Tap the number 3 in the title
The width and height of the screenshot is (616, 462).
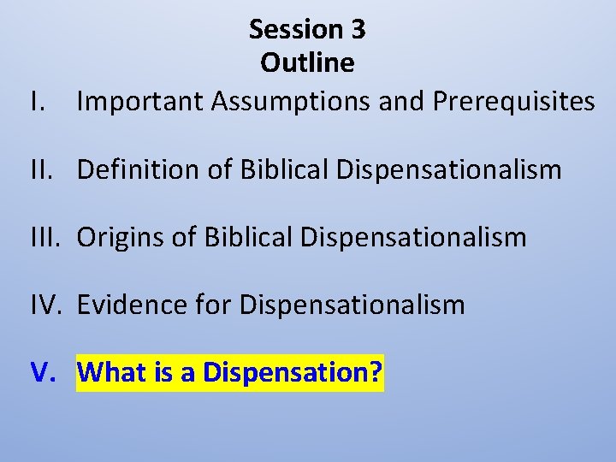[x=358, y=30]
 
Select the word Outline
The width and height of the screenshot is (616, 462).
[x=307, y=63]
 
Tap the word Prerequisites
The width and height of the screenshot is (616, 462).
[x=513, y=102]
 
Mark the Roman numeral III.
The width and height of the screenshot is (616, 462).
[x=44, y=237]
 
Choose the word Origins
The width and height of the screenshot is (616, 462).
[x=124, y=237]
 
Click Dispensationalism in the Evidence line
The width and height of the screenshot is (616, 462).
[x=352, y=304]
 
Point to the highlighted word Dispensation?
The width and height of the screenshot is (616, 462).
[x=292, y=373]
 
